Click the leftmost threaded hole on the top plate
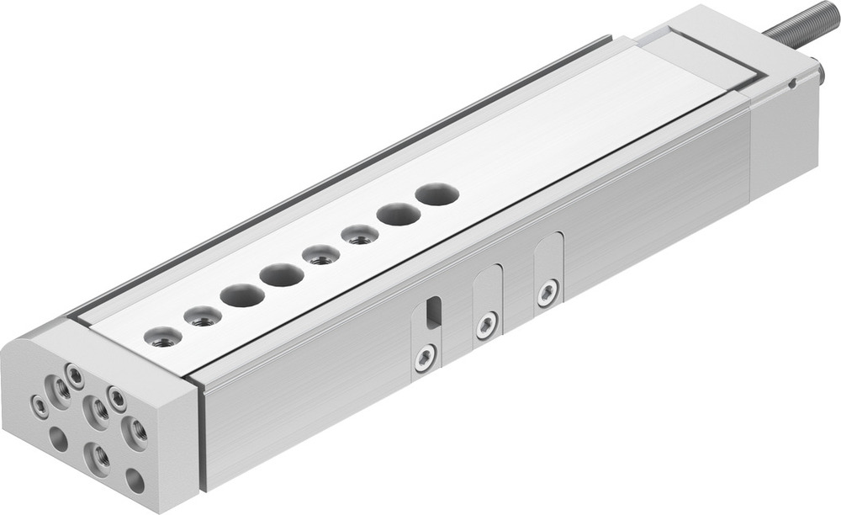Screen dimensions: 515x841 click(x=161, y=337)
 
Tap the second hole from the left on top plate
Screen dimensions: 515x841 click(x=202, y=317)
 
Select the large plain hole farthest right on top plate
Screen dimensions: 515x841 click(x=436, y=194)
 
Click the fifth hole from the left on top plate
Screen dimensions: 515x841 click(x=320, y=254)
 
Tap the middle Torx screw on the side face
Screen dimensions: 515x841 click(x=486, y=325)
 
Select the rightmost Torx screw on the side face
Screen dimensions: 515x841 click(x=547, y=293)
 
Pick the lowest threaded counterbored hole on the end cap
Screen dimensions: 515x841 click(x=100, y=457)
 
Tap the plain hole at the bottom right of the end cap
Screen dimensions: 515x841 click(x=134, y=480)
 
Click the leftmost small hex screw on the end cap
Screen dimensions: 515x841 click(x=40, y=407)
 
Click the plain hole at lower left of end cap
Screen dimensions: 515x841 click(x=58, y=438)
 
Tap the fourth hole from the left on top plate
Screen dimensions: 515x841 click(x=281, y=274)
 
